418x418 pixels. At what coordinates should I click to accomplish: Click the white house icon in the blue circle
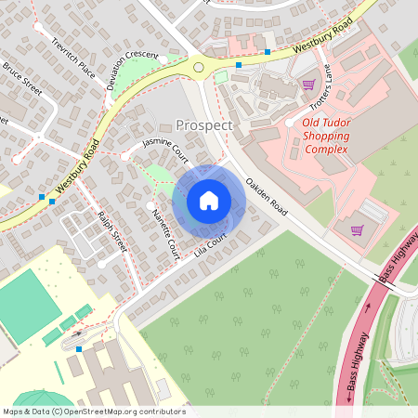[x=209, y=201]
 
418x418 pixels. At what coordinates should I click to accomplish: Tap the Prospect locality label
[x=204, y=124]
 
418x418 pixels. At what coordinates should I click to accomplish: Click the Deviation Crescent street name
[x=132, y=72]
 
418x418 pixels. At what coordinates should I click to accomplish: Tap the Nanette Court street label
[x=165, y=233]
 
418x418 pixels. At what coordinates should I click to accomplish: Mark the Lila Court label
[x=212, y=245]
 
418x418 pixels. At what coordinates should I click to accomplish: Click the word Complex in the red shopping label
[x=325, y=150]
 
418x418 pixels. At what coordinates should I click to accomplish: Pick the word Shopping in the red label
[x=325, y=136]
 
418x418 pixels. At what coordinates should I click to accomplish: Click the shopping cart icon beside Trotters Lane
[x=307, y=85]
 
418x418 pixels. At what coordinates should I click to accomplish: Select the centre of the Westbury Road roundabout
[x=198, y=66]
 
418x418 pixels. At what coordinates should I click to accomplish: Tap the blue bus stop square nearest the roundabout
[x=239, y=65]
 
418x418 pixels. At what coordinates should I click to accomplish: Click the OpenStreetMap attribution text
[x=93, y=411]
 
